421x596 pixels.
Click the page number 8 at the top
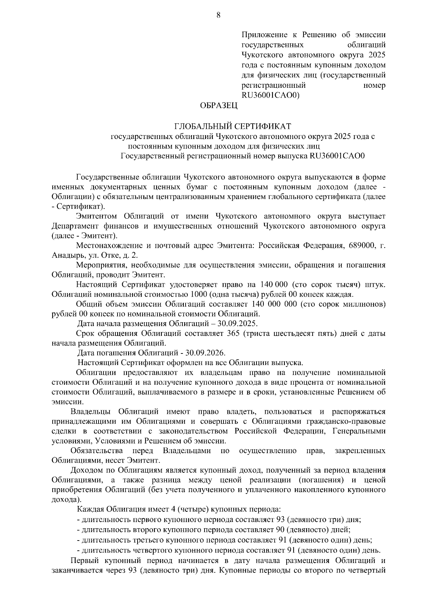(x=219, y=15)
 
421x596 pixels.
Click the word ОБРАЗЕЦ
(x=219, y=105)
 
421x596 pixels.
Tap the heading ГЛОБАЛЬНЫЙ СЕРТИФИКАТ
(x=233, y=126)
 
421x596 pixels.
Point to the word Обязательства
(x=96, y=450)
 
